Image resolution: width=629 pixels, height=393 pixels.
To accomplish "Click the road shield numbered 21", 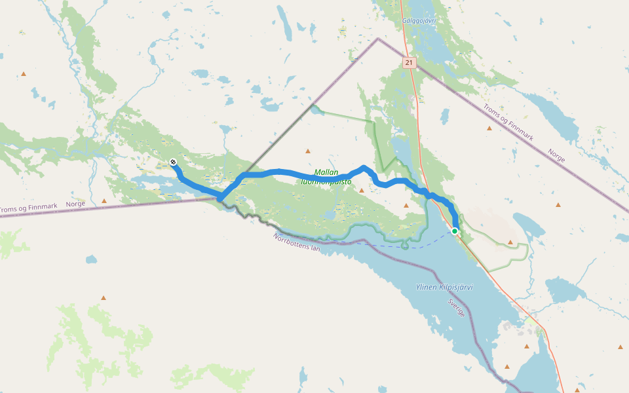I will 410,63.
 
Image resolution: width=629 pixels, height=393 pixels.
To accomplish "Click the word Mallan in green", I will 326,172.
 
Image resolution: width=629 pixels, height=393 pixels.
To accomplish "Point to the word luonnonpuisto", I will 326,181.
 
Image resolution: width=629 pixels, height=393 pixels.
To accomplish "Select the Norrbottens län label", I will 296,244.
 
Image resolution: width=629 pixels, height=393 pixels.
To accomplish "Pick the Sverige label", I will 457,309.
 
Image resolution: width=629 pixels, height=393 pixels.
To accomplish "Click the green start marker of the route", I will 455,231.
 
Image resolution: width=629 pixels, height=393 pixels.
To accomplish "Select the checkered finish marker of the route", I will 173,162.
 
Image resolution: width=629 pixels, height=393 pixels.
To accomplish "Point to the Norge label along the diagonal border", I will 556,156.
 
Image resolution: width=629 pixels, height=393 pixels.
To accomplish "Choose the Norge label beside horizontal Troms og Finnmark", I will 75,204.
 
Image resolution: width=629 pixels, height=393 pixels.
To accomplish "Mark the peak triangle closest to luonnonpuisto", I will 361,191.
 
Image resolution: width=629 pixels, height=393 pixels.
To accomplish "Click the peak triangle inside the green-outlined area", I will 510,242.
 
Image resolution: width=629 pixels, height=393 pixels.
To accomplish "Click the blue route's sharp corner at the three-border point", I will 221,199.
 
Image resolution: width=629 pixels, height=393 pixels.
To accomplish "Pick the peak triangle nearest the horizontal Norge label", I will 104,201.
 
